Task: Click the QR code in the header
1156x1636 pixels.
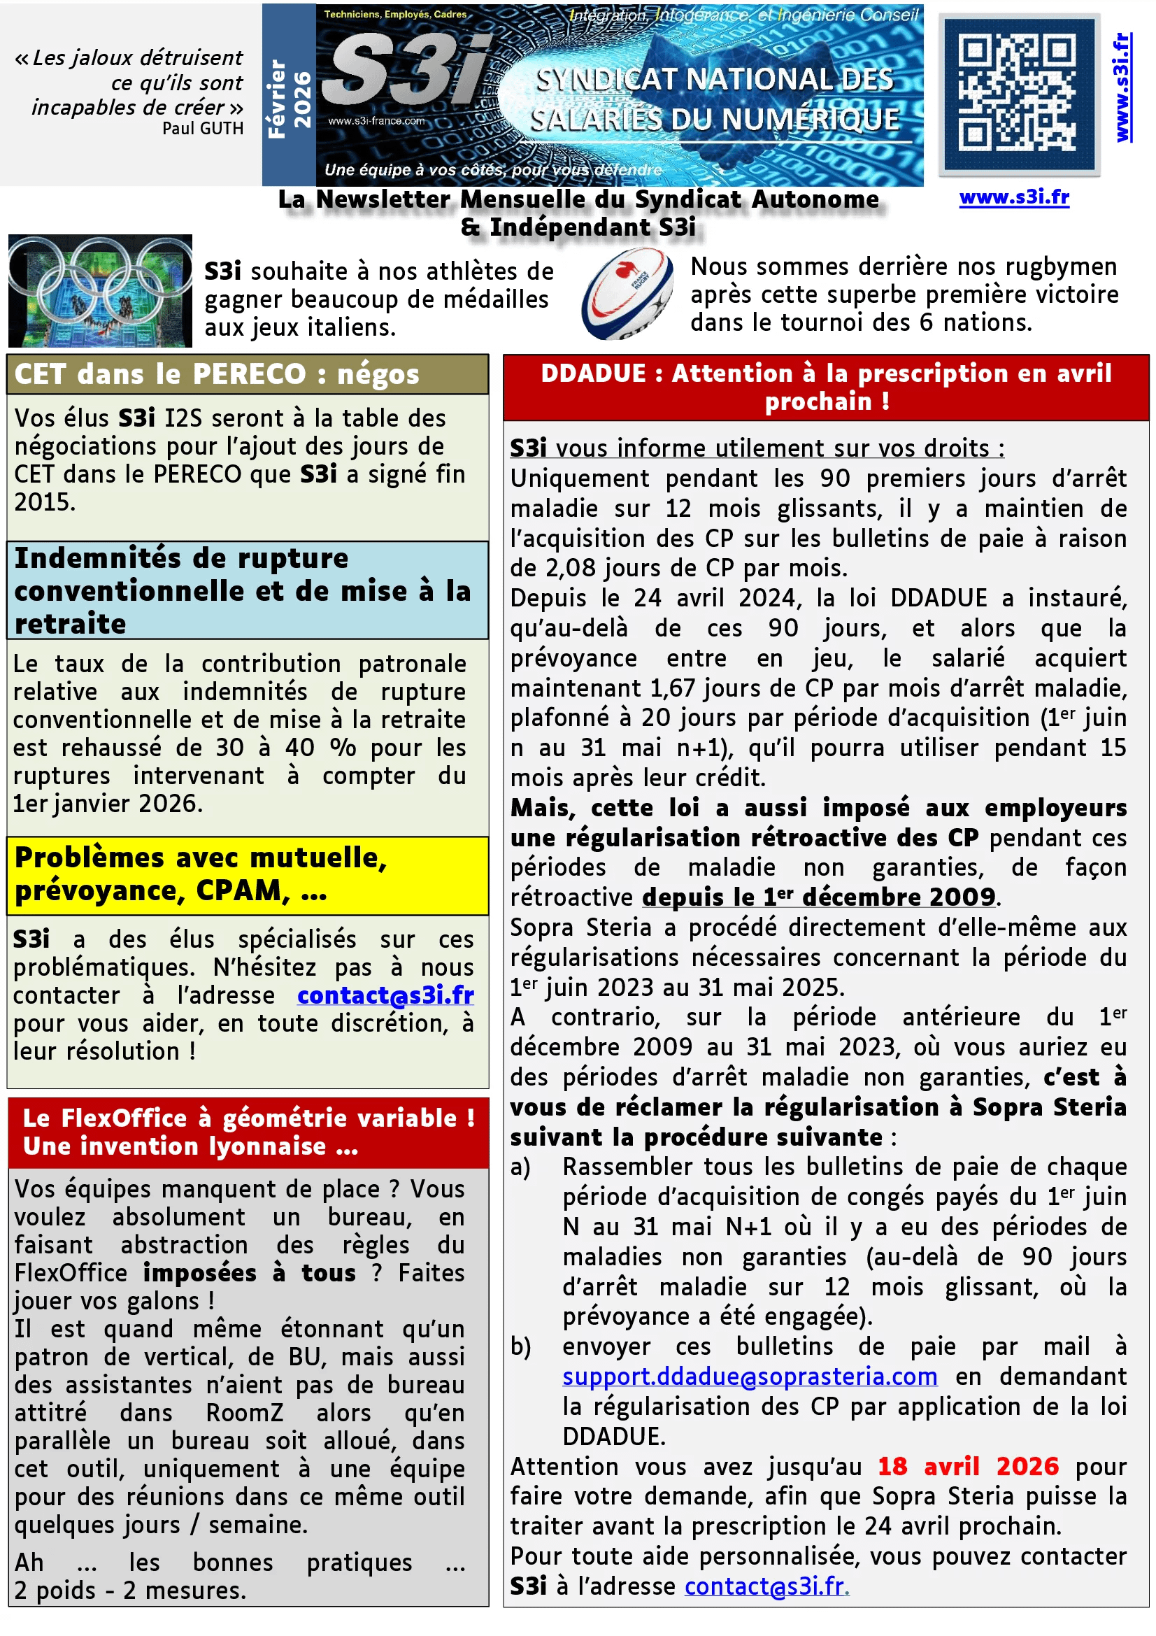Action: [x=1018, y=94]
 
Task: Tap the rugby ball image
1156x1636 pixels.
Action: [x=627, y=293]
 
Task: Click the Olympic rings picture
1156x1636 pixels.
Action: [x=101, y=291]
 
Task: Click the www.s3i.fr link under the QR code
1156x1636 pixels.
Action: [x=1014, y=197]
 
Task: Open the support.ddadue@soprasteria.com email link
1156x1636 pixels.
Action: [x=749, y=1376]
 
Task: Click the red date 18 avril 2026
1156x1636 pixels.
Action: [x=968, y=1466]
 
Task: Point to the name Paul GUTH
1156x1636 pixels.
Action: [x=203, y=128]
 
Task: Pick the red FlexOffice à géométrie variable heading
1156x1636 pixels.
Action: [x=248, y=1132]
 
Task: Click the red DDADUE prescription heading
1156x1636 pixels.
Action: [x=825, y=387]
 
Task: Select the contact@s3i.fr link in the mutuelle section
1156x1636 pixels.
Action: [x=385, y=995]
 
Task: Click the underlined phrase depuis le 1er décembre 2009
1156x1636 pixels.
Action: [x=818, y=897]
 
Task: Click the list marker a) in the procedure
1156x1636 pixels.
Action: [x=521, y=1167]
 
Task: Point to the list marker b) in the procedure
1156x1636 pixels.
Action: [x=521, y=1346]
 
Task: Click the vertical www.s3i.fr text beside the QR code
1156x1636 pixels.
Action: [x=1122, y=87]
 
